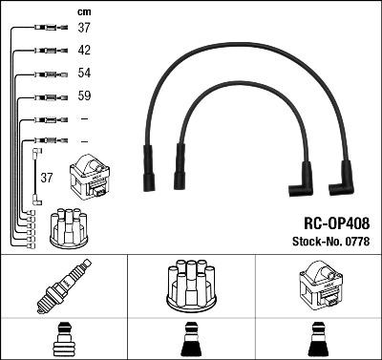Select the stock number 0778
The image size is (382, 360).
[x=356, y=241]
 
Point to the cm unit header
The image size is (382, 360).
[x=84, y=11]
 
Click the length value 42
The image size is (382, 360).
[x=84, y=50]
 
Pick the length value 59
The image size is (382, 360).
[x=84, y=96]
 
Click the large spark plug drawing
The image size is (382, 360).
[x=64, y=286]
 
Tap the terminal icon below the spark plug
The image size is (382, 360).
[x=64, y=340]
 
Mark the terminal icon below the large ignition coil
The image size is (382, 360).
[x=317, y=340]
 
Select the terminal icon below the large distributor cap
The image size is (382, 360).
[x=191, y=340]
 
